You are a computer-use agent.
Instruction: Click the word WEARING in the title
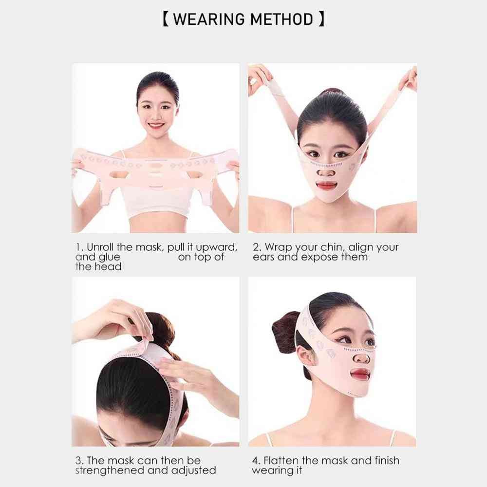(208, 19)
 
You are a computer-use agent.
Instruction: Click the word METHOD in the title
(281, 19)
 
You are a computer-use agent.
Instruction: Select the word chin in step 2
(332, 247)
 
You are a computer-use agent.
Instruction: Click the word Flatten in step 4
(281, 460)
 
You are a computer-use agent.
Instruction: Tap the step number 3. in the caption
(79, 460)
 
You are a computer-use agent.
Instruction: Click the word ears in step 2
(263, 257)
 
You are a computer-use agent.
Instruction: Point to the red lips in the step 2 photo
(326, 186)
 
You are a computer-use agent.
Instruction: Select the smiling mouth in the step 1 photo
(156, 126)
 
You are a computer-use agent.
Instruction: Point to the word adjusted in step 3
(194, 470)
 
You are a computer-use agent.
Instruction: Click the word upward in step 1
(217, 247)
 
